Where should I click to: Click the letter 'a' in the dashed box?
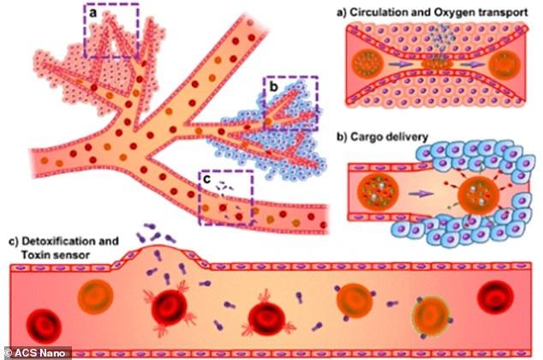tap(93, 14)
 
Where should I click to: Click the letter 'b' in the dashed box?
tap(273, 87)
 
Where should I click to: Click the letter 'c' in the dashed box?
tap(207, 179)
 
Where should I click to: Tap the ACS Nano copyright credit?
tap(35, 353)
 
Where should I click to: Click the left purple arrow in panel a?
tap(399, 64)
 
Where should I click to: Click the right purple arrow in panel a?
tap(473, 64)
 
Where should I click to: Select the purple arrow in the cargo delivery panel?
tap(421, 194)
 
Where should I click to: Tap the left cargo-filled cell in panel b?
tap(379, 190)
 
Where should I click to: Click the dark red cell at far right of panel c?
tap(495, 297)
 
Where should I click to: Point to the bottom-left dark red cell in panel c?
tap(44, 327)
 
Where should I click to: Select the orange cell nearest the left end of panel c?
tap(96, 297)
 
